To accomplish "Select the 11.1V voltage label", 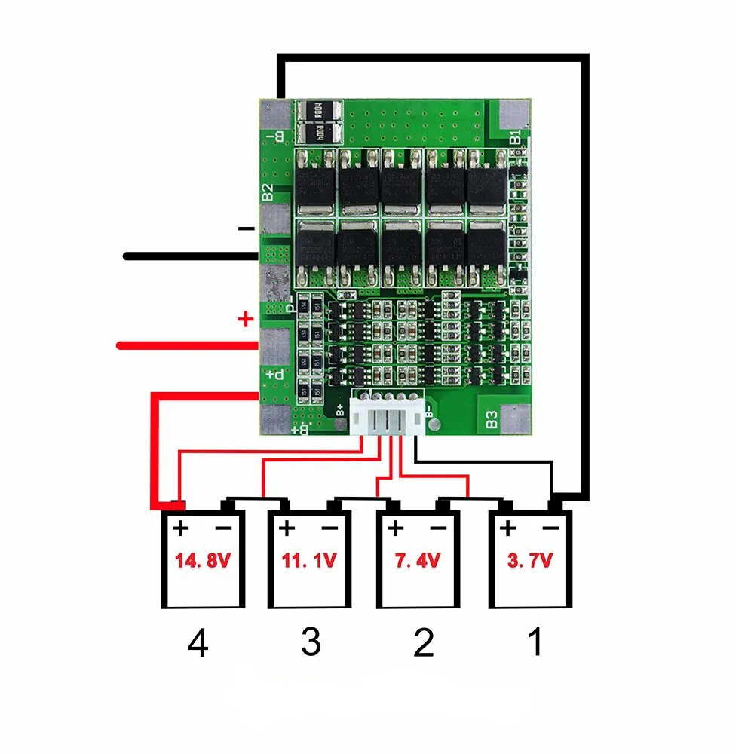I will pyautogui.click(x=309, y=562).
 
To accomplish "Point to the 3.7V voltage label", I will pyautogui.click(x=530, y=562).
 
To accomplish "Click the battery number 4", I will pyautogui.click(x=198, y=645).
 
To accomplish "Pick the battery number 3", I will pyautogui.click(x=310, y=643).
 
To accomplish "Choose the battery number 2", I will pyautogui.click(x=424, y=643).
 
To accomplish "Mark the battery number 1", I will pyautogui.click(x=535, y=643).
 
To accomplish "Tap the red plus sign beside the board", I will pyautogui.click(x=245, y=320).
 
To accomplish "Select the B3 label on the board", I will pyautogui.click(x=492, y=419).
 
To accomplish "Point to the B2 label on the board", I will pyautogui.click(x=268, y=192).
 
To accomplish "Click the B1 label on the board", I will pyautogui.click(x=515, y=138).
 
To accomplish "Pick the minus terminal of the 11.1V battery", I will pyautogui.click(x=329, y=528).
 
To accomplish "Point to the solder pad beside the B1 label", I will pyautogui.click(x=516, y=113).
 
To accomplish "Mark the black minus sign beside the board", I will pyautogui.click(x=246, y=228).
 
